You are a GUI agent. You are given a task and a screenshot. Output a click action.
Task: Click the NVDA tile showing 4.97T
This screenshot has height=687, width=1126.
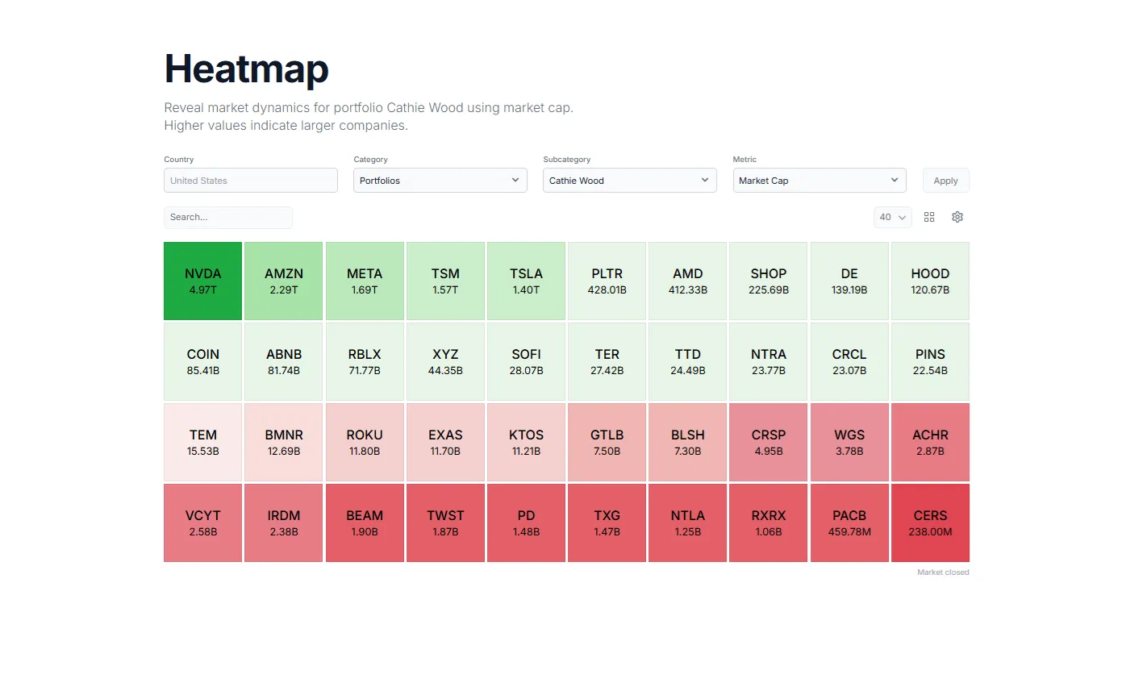click(202, 281)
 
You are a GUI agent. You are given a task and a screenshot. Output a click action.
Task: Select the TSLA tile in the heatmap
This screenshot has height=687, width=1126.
click(526, 281)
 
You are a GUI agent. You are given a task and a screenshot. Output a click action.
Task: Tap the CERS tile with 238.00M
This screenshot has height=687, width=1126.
click(930, 523)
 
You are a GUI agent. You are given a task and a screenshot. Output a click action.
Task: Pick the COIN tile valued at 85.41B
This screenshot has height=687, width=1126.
click(202, 361)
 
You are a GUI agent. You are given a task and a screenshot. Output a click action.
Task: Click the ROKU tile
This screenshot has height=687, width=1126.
click(365, 442)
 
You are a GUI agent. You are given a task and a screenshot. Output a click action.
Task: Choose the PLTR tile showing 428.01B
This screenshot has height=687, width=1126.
click(607, 281)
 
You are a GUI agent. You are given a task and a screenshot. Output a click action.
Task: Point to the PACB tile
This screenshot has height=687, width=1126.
click(849, 523)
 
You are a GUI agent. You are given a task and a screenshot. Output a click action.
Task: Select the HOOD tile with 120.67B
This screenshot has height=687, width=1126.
click(930, 281)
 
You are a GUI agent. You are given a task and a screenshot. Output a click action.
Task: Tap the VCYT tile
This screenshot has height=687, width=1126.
click(202, 523)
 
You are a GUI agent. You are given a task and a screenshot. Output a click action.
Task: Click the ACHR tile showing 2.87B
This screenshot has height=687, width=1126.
click(930, 442)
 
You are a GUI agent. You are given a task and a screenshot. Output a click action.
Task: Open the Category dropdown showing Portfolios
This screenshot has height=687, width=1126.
click(440, 181)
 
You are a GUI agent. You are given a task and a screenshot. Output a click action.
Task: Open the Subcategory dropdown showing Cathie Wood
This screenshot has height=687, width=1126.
click(629, 181)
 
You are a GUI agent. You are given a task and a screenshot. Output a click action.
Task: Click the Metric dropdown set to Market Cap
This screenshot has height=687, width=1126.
click(819, 181)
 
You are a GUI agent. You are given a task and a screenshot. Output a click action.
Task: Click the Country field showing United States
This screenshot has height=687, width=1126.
click(250, 181)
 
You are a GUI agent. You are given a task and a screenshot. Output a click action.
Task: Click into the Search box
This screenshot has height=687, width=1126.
click(227, 217)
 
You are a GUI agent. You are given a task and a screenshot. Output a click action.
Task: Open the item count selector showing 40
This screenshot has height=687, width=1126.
click(892, 217)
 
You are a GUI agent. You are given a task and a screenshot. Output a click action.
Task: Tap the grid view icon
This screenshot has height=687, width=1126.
click(929, 217)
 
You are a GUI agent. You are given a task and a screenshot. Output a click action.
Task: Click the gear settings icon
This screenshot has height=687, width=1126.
click(957, 217)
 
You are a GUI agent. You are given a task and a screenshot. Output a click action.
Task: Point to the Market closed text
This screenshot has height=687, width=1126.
click(943, 572)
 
